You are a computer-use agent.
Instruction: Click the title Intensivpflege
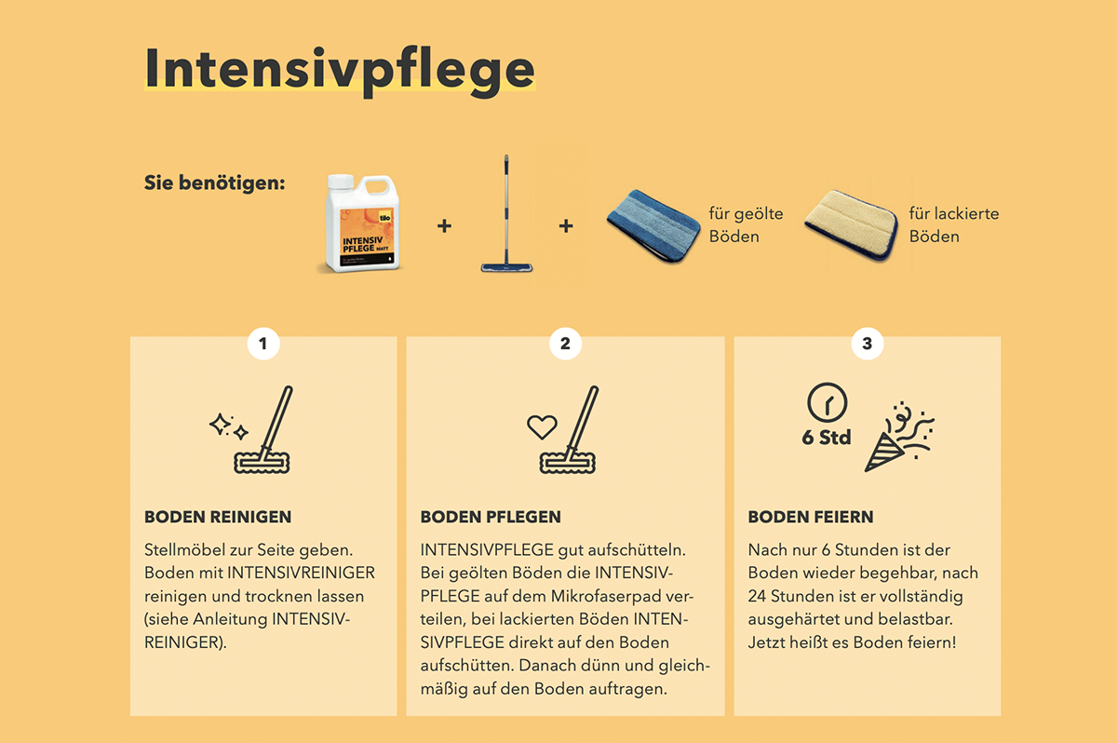pyautogui.click(x=340, y=71)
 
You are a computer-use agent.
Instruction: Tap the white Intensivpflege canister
pyautogui.click(x=361, y=223)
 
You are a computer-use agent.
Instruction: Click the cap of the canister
pyautogui.click(x=342, y=181)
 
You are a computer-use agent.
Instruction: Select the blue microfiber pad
pyautogui.click(x=653, y=225)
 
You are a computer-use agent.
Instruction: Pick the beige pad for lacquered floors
pyautogui.click(x=851, y=225)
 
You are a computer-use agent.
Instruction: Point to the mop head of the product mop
pyautogui.click(x=506, y=267)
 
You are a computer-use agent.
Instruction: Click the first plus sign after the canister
pyautogui.click(x=444, y=226)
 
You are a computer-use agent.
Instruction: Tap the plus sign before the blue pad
pyautogui.click(x=566, y=226)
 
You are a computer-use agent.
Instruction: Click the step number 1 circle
pyautogui.click(x=263, y=344)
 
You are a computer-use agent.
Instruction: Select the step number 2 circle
pyautogui.click(x=565, y=344)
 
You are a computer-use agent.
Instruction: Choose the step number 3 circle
pyautogui.click(x=868, y=344)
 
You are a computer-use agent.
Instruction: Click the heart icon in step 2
pyautogui.click(x=542, y=426)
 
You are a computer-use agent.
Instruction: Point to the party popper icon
pyautogui.click(x=899, y=437)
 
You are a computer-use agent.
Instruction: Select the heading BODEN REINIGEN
pyautogui.click(x=218, y=517)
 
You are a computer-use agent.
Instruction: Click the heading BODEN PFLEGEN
pyautogui.click(x=491, y=517)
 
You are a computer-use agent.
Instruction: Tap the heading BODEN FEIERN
pyautogui.click(x=811, y=517)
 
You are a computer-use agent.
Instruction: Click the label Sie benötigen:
pyautogui.click(x=214, y=183)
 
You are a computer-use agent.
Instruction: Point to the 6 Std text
pyautogui.click(x=827, y=438)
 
